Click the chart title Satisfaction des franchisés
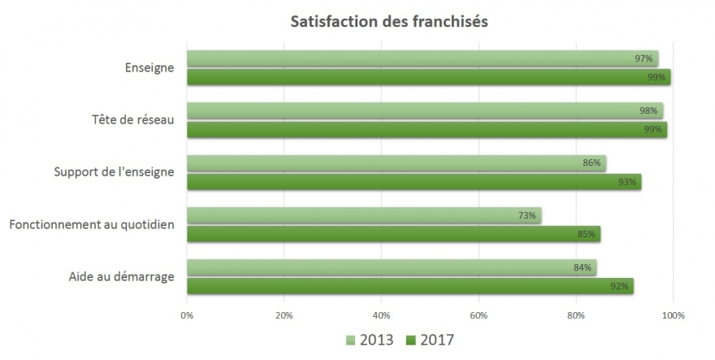(x=389, y=22)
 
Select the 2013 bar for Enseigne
(x=422, y=59)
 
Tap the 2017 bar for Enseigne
(x=428, y=77)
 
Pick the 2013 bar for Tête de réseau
(x=424, y=111)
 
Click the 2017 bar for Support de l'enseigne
(x=414, y=182)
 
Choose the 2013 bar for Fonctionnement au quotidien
(x=363, y=215)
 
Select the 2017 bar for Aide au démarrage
(x=409, y=286)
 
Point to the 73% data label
(x=526, y=215)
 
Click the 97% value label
(x=643, y=59)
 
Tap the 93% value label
(x=626, y=182)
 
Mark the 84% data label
(x=582, y=267)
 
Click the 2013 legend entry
(x=370, y=339)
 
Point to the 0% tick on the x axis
(x=187, y=315)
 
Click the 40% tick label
(x=381, y=315)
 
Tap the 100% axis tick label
(x=674, y=315)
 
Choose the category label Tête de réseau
(x=132, y=120)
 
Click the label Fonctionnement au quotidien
(x=92, y=224)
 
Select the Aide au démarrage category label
(x=122, y=276)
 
